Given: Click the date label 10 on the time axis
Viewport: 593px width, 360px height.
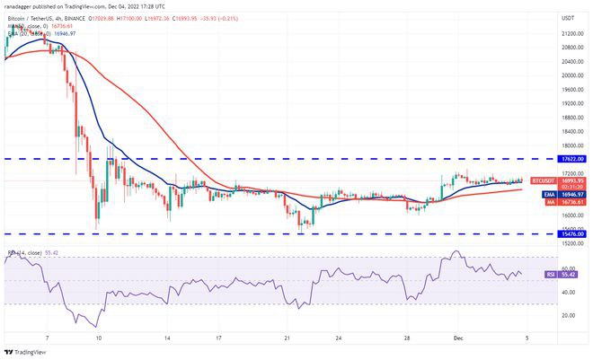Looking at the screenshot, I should (x=99, y=341).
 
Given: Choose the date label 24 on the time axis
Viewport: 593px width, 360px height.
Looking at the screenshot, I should (x=337, y=341).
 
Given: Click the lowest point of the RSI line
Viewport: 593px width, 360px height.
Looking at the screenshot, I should (x=96, y=327).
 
